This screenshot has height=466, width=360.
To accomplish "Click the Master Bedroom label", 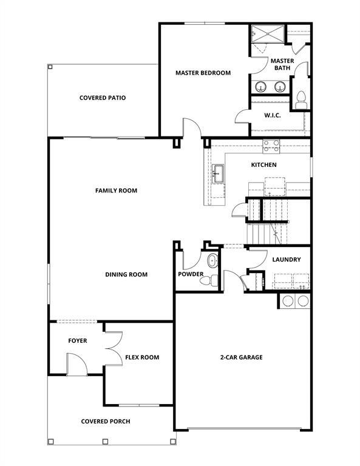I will pos(203,73).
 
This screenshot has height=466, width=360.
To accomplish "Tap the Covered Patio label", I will pos(103,98).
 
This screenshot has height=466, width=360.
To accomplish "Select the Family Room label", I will pos(116,191).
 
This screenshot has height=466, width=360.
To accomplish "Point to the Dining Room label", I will pos(126,275).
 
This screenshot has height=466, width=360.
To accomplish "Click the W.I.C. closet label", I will pos(272,115).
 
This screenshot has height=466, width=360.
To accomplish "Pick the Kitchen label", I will pos(264,165).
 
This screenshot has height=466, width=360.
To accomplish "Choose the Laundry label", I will pos(286,260).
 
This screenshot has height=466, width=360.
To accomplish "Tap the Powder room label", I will pos(191,274).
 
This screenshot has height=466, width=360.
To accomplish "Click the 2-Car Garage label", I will pos(241,357).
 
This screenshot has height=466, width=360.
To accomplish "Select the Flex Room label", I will pos(142,357).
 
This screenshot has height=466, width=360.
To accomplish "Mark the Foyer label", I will pos(77,341).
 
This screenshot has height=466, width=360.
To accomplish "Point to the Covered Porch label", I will pos(106,421).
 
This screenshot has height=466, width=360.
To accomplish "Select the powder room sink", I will pos(212,262).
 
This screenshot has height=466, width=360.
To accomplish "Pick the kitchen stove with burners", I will pos(271,145).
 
